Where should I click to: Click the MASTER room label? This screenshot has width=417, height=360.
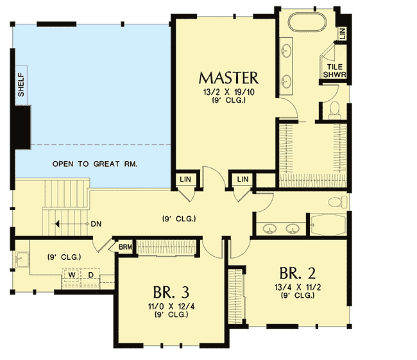point(228,78)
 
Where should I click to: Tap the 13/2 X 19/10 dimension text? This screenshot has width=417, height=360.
point(228,92)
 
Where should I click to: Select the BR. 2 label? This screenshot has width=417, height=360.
point(297,271)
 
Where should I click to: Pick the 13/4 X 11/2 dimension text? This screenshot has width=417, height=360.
point(297,287)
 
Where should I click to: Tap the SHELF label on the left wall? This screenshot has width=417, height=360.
point(21,85)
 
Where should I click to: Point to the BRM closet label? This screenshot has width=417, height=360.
point(124,246)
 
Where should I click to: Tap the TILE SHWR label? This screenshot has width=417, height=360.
point(336,70)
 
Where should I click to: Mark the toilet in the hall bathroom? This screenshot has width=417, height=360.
point(337,203)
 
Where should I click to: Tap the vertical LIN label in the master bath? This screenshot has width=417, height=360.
point(343,33)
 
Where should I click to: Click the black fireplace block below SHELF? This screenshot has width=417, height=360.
point(24,127)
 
